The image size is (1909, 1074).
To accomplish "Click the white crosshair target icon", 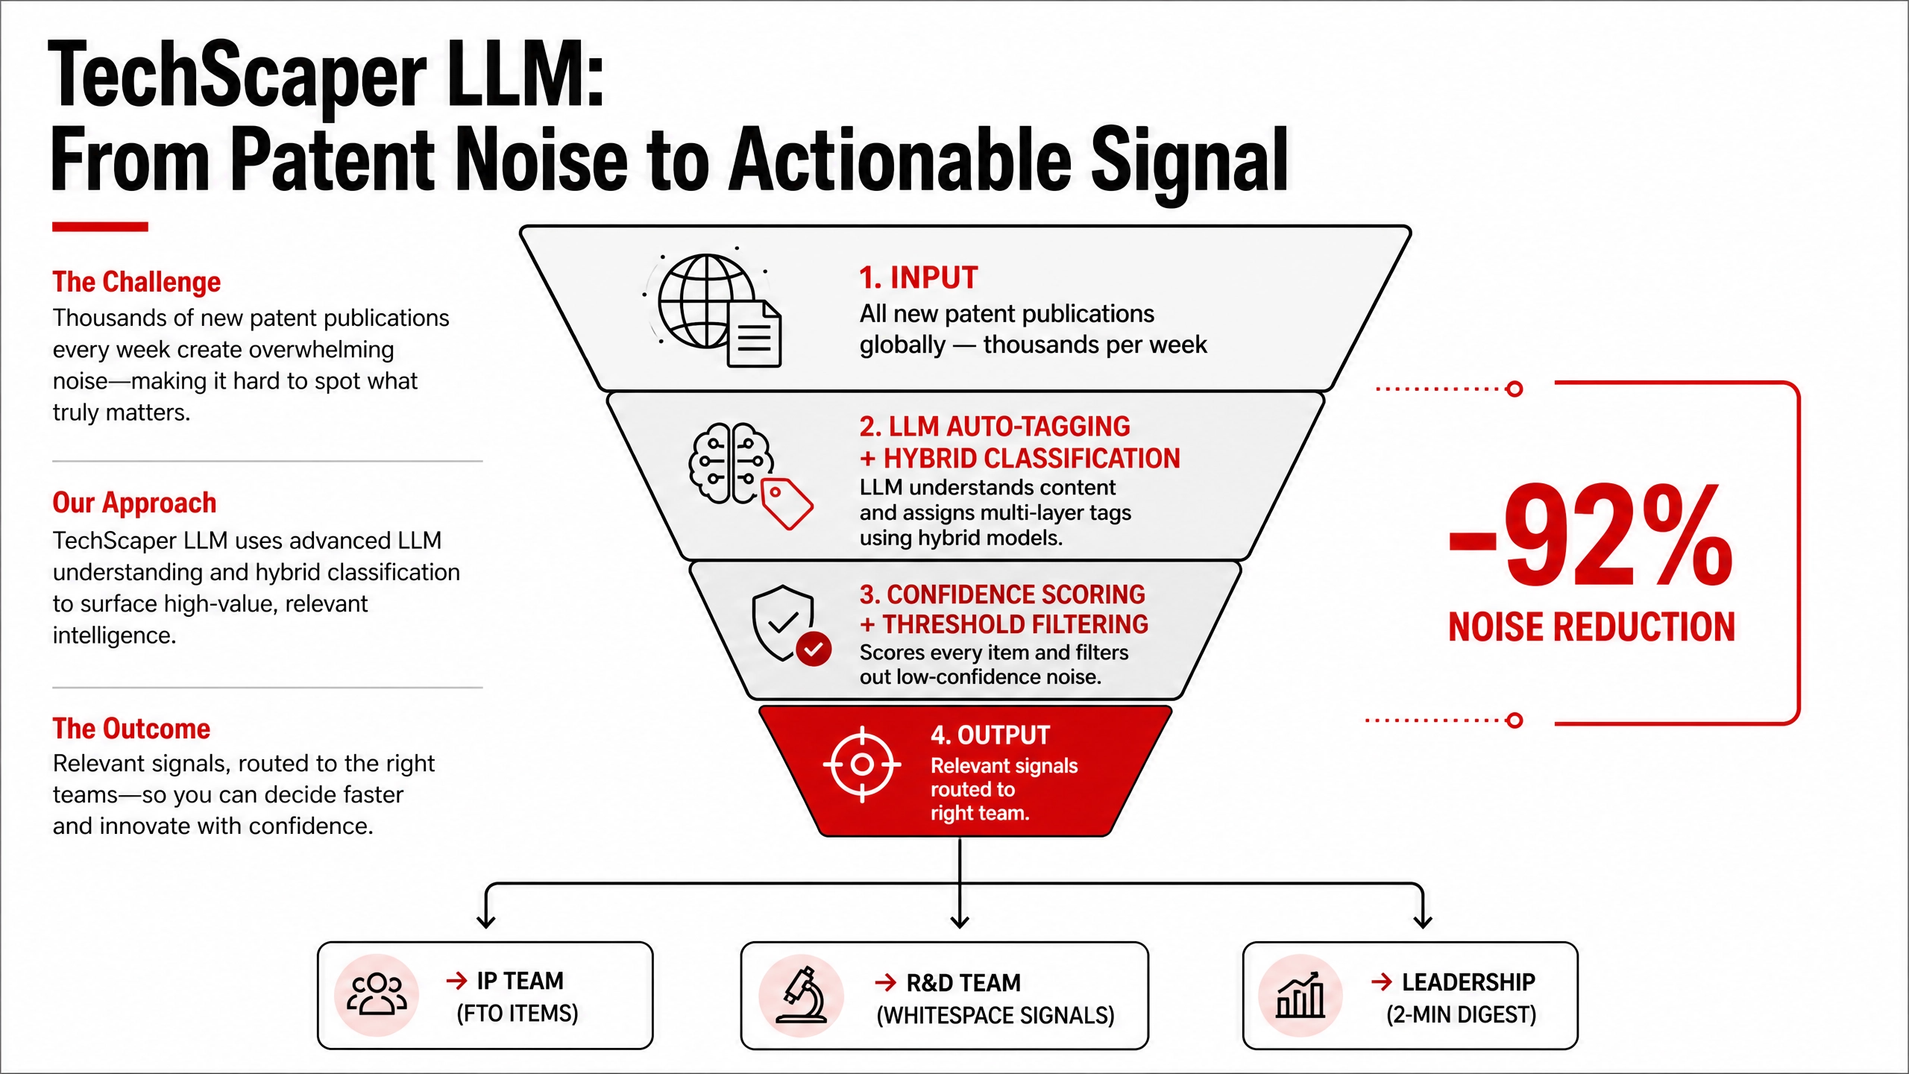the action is click(x=862, y=764).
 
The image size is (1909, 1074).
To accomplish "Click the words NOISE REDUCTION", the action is click(x=1591, y=626).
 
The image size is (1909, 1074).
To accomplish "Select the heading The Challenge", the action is click(x=136, y=282).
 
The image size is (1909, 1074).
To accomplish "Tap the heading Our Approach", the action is click(x=134, y=503).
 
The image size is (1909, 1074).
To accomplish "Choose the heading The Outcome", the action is click(x=131, y=728).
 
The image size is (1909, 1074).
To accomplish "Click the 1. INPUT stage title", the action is click(x=918, y=277).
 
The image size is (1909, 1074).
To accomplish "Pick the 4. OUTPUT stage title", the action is click(x=990, y=735).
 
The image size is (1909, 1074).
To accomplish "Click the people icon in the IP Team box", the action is click(x=377, y=995).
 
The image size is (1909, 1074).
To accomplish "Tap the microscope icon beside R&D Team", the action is click(x=801, y=995).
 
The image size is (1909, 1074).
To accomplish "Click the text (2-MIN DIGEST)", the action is click(x=1461, y=1014).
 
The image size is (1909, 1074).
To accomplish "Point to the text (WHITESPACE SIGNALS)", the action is click(x=996, y=1015).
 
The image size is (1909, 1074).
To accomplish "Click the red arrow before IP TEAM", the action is click(x=456, y=980).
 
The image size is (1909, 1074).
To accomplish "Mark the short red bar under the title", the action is click(x=100, y=227).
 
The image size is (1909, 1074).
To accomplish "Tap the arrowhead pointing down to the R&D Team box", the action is click(x=960, y=922).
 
